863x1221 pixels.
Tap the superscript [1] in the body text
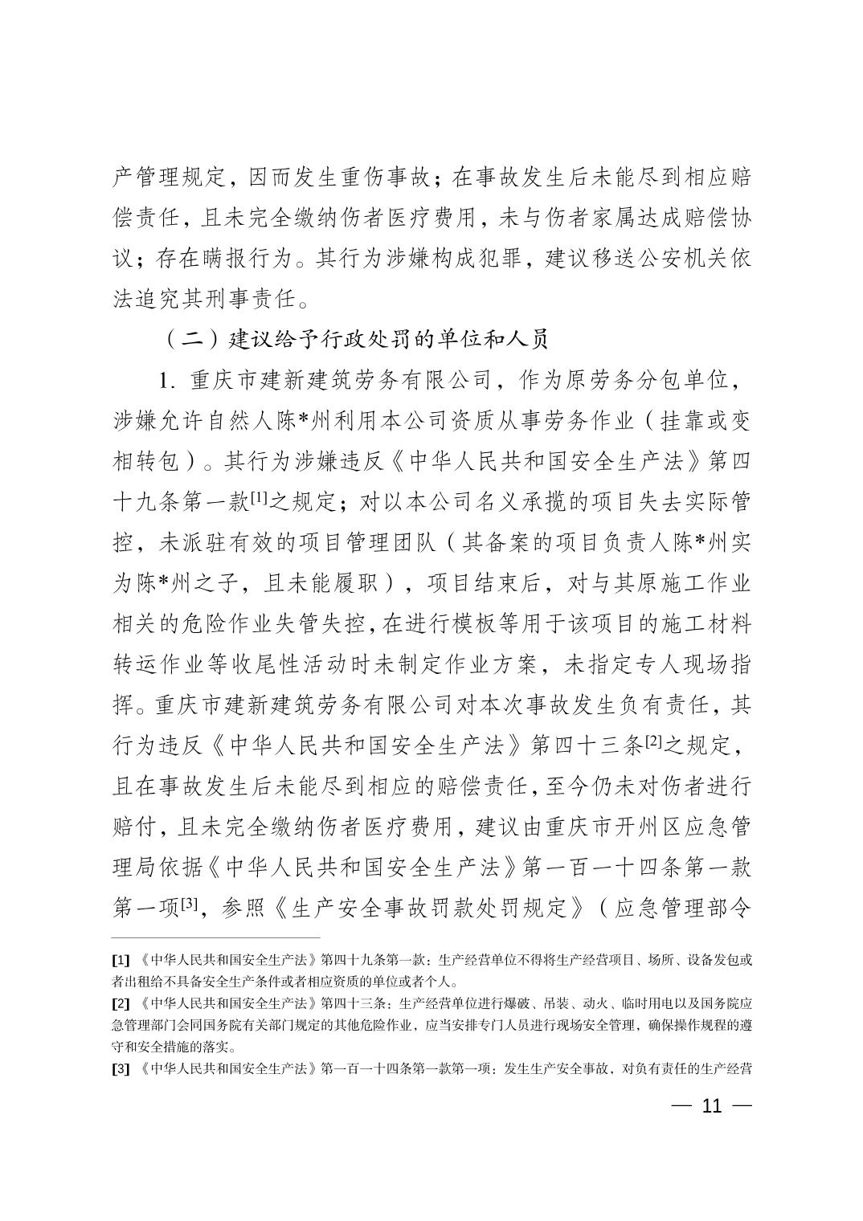point(260,498)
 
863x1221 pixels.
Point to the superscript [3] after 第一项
point(190,904)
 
